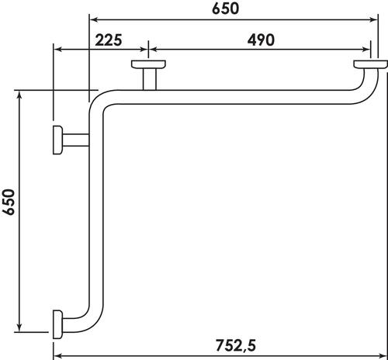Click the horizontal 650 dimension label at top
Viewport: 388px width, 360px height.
[225, 9]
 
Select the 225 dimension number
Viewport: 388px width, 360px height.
[109, 40]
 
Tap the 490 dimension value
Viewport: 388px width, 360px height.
[261, 40]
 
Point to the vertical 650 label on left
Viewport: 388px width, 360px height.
[9, 202]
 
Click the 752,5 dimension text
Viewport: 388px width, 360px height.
[236, 345]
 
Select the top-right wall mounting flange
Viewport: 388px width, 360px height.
[370, 64]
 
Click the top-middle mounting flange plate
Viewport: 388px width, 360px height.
[148, 64]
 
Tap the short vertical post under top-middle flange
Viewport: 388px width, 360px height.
[150, 79]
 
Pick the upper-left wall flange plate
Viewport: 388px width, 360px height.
[57, 140]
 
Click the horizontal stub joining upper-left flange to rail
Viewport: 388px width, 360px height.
[75, 140]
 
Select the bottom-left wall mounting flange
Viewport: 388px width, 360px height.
[57, 324]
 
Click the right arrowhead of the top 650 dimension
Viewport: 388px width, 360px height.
[374, 19]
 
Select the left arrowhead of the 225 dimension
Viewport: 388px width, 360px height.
[57, 49]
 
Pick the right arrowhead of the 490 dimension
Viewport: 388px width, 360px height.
[366, 49]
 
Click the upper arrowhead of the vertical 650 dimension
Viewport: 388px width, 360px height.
[19, 95]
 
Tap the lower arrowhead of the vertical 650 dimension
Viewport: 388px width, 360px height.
[19, 327]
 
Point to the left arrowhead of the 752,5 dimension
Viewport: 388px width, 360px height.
[57, 356]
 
